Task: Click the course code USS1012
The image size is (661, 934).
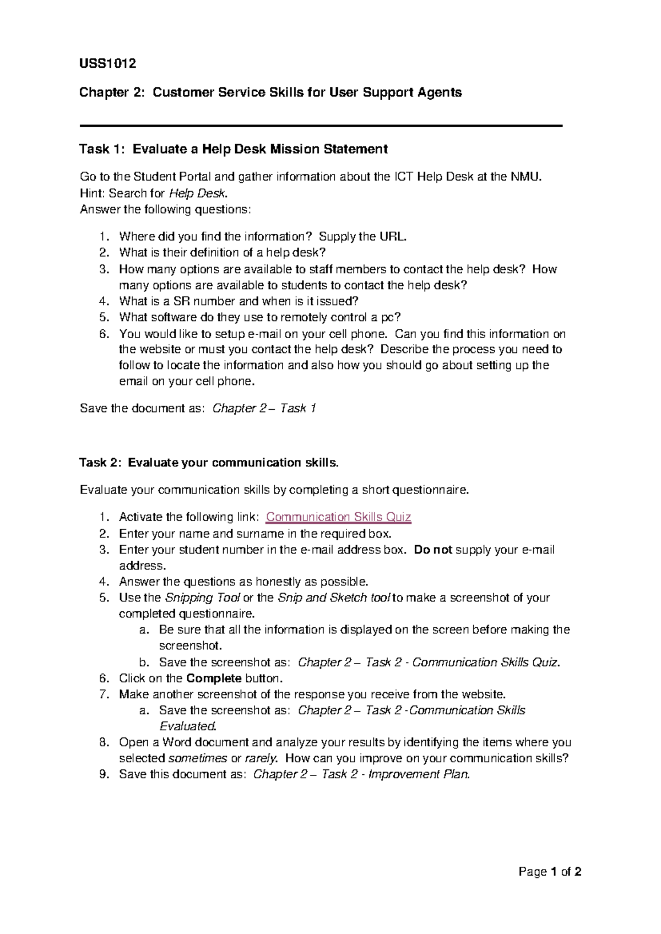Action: pyautogui.click(x=107, y=63)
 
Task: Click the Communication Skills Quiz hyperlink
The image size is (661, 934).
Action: pyautogui.click(x=338, y=517)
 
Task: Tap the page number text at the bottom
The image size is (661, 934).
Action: pyautogui.click(x=550, y=872)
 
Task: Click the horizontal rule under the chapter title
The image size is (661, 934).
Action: pyautogui.click(x=321, y=126)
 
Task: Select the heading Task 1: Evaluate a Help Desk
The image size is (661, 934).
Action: pyautogui.click(x=234, y=149)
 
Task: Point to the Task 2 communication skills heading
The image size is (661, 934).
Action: pyautogui.click(x=209, y=463)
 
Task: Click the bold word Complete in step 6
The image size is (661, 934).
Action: pyautogui.click(x=214, y=678)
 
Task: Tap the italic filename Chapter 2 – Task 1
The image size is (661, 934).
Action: pyautogui.click(x=264, y=408)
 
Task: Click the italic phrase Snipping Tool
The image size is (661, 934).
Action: pyautogui.click(x=202, y=598)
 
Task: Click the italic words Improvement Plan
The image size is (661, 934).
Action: pyautogui.click(x=419, y=774)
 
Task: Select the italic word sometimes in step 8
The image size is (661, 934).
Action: pyautogui.click(x=197, y=758)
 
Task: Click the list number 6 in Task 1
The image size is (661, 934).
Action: pyautogui.click(x=104, y=334)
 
